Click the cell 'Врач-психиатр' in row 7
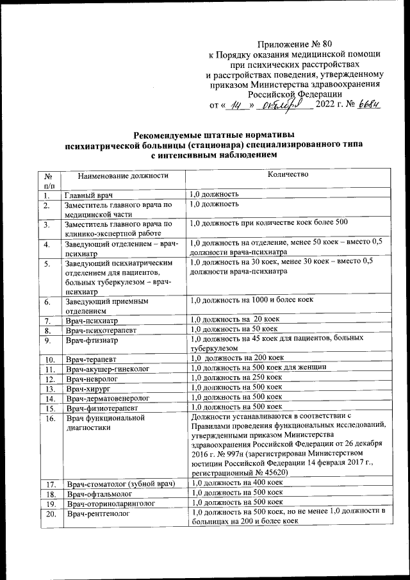coord(92,320)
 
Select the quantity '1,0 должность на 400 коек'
coord(238,482)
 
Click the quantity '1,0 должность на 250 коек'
coord(238,378)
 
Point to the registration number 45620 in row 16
coord(274,472)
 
